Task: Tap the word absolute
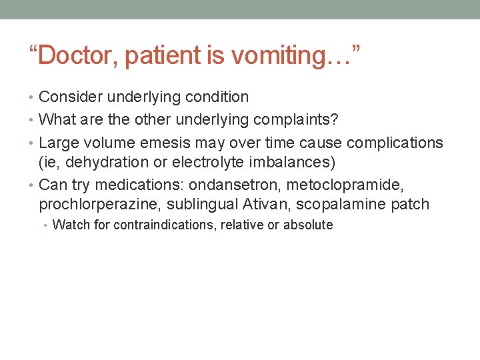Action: [308, 225]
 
